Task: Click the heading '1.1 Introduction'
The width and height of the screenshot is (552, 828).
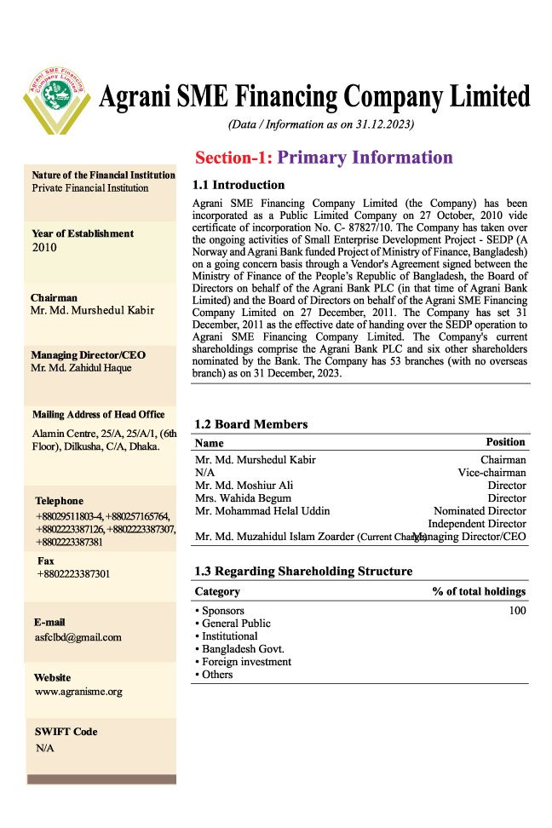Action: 239,185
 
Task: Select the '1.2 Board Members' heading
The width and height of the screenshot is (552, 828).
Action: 251,424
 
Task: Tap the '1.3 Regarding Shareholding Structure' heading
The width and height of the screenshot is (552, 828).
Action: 303,571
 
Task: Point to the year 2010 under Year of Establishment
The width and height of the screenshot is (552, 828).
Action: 43,248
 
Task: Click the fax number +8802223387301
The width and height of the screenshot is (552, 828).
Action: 73,574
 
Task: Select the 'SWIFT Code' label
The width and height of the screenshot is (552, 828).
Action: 66,732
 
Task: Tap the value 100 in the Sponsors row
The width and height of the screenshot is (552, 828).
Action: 517,611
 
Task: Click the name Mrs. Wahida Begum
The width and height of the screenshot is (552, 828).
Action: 233,498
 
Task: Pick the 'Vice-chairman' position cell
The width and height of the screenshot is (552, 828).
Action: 492,473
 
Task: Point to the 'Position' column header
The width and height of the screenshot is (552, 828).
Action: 505,442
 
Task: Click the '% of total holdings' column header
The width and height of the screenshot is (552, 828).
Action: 479,591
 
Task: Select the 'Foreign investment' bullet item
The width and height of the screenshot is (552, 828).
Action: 246,662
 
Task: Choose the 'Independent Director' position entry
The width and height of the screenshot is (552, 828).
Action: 476,524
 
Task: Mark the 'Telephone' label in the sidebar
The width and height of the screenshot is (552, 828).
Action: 60,501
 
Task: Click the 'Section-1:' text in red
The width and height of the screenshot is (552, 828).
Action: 233,158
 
